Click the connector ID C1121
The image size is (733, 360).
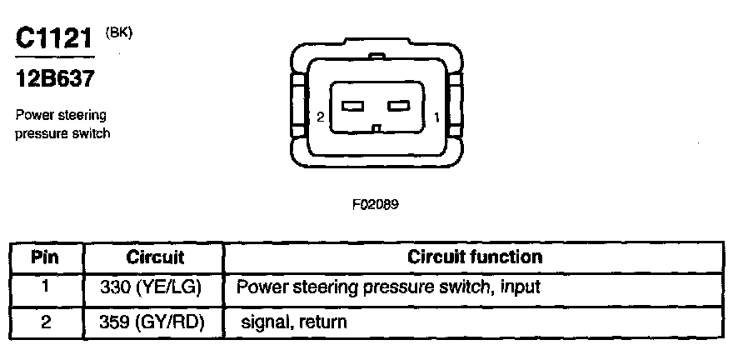pos(52,38)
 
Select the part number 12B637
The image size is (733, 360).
pos(53,80)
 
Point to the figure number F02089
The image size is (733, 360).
pos(376,202)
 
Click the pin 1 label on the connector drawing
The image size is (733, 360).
pos(437,117)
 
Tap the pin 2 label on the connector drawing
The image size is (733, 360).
pos(320,117)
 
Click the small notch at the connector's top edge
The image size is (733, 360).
pos(376,57)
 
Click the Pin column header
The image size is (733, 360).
pos(45,257)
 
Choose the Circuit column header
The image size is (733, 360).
pos(155,257)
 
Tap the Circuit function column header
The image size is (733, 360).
pos(474,257)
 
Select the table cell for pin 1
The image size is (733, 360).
pos(45,287)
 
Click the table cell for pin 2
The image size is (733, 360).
pos(45,321)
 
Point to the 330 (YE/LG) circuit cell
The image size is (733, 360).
pos(155,287)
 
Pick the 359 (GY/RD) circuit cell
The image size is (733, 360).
pos(155,321)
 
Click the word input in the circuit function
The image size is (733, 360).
pos(520,288)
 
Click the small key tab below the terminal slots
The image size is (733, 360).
pos(376,129)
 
